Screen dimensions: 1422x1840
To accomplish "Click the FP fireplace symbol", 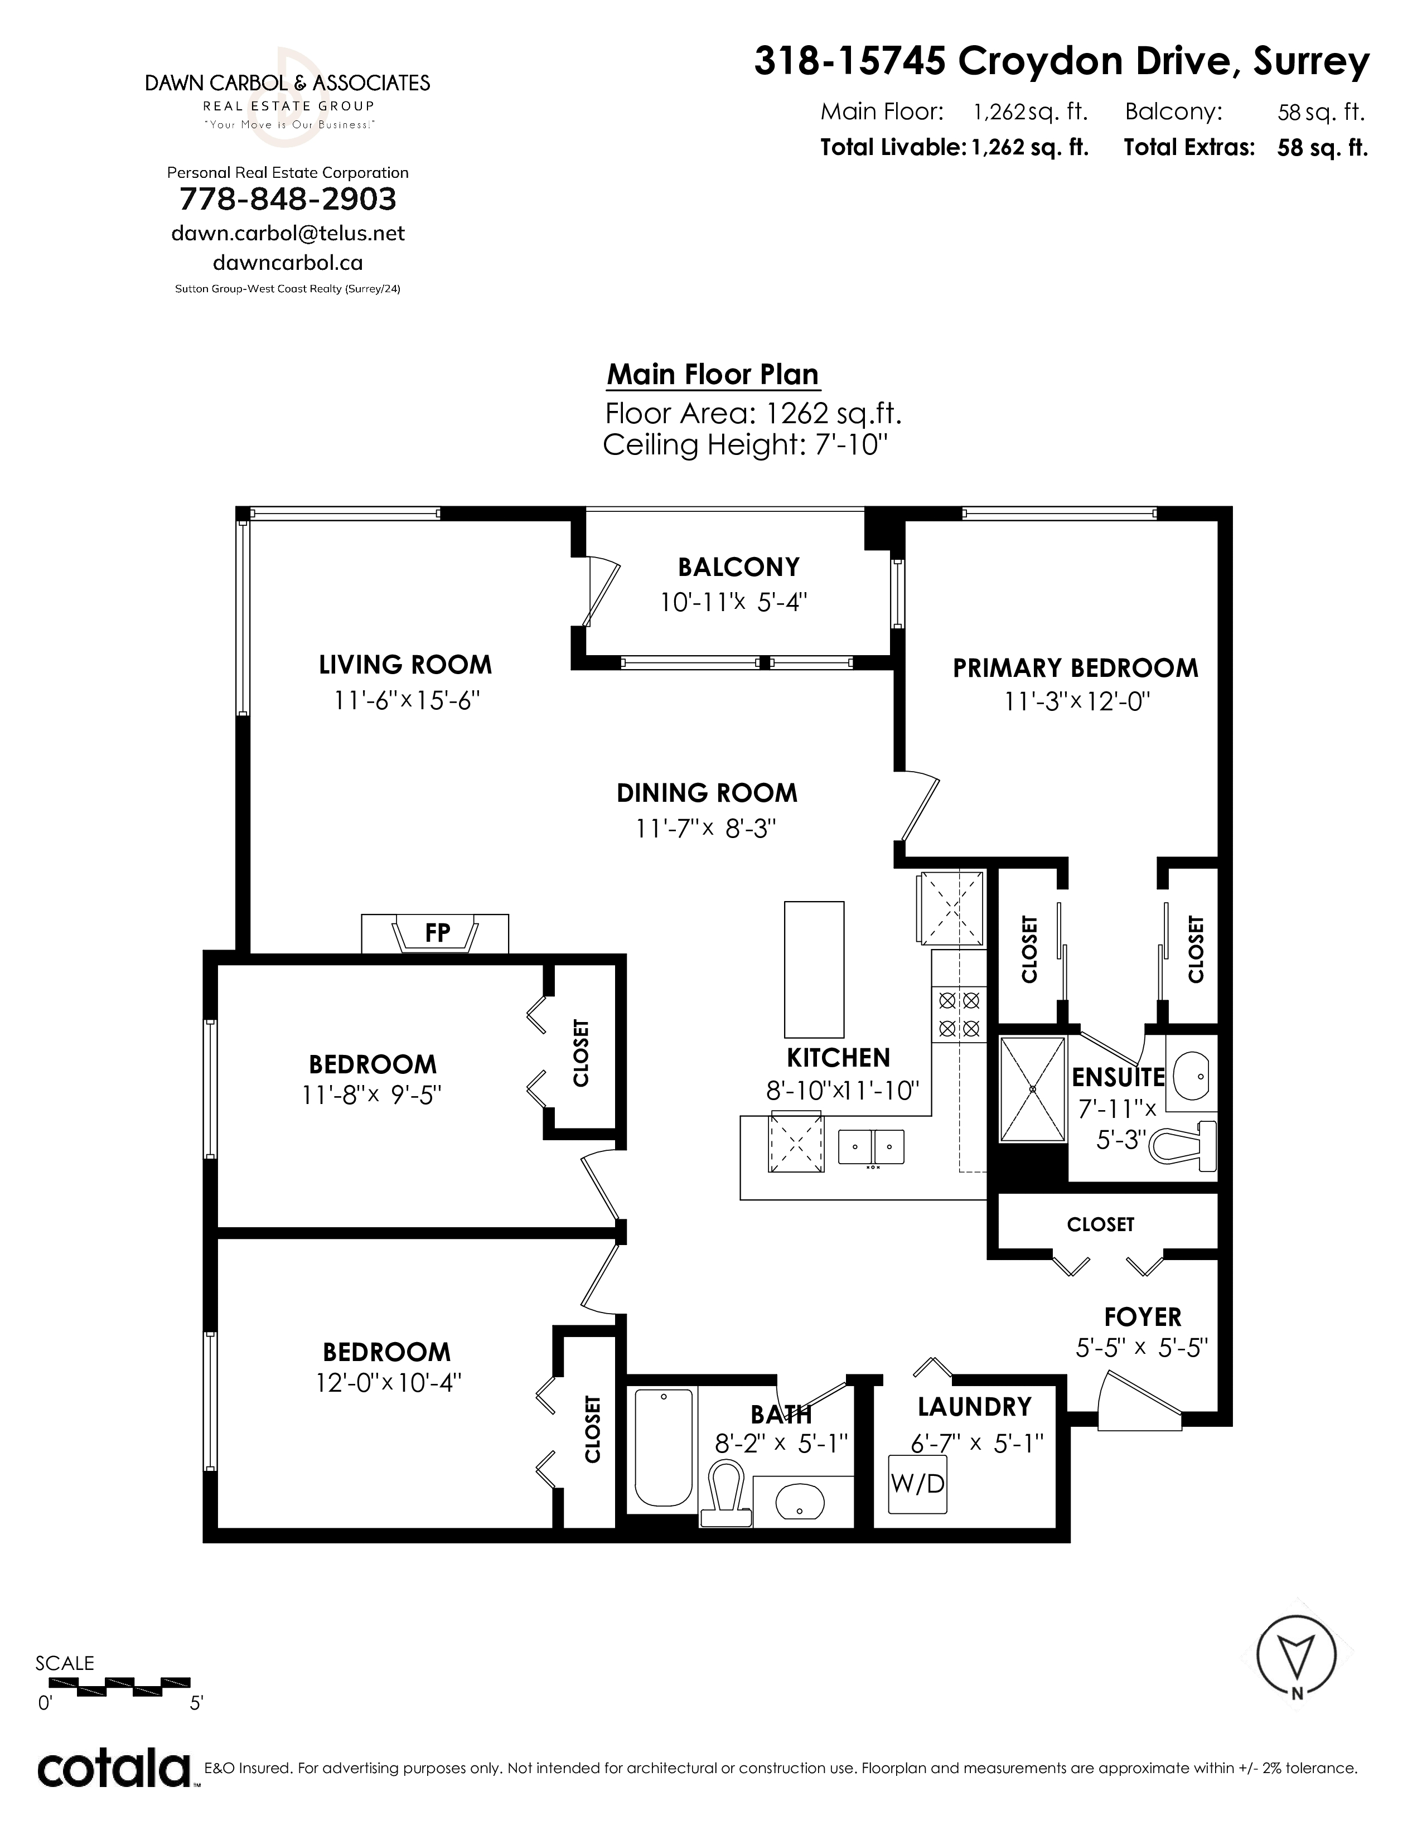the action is pyautogui.click(x=435, y=933).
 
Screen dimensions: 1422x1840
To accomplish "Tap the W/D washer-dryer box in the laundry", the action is pyautogui.click(x=917, y=1484).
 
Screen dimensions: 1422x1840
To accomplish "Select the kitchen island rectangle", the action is pyautogui.click(x=814, y=970).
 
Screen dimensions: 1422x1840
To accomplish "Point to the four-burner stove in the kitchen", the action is pyautogui.click(x=959, y=1014).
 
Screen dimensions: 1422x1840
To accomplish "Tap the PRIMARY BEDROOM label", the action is pyautogui.click(x=1075, y=668).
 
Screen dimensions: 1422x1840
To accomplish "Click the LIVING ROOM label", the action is pyautogui.click(x=405, y=665).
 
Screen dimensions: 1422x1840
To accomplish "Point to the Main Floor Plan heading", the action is pyautogui.click(x=713, y=374).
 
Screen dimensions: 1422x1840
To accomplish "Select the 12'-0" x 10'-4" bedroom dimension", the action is pyautogui.click(x=389, y=1383).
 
